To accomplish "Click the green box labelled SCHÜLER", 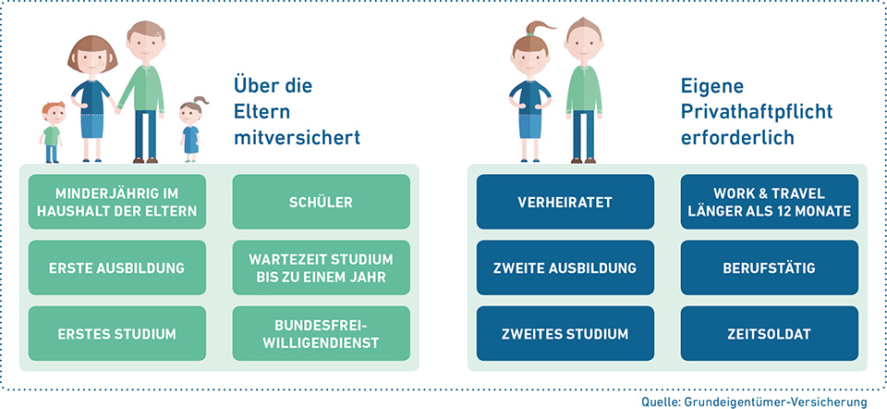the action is (x=321, y=202).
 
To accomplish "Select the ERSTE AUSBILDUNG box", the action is (x=117, y=267).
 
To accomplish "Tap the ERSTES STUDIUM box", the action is (x=117, y=334).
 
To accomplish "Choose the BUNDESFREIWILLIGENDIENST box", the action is (x=321, y=334).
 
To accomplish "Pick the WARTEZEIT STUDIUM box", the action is (x=321, y=267).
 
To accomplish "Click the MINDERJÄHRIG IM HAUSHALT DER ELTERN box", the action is (x=117, y=202).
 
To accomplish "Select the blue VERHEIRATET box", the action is (x=565, y=202).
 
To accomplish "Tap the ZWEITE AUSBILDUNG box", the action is (x=565, y=267).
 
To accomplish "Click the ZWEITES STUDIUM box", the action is (x=565, y=334).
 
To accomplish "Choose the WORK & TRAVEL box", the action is (x=770, y=202).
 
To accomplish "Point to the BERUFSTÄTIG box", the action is (x=770, y=267).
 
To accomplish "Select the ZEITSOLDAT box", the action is (x=770, y=334).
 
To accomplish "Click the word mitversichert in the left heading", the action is (x=297, y=138).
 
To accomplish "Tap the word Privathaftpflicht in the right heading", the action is (x=757, y=112).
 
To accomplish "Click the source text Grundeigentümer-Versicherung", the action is (x=774, y=402).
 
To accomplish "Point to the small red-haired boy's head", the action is (x=54, y=113).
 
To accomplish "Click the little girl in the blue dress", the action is (x=191, y=130).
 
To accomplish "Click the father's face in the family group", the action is (x=145, y=47).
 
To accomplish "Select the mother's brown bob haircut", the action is (x=92, y=51).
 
